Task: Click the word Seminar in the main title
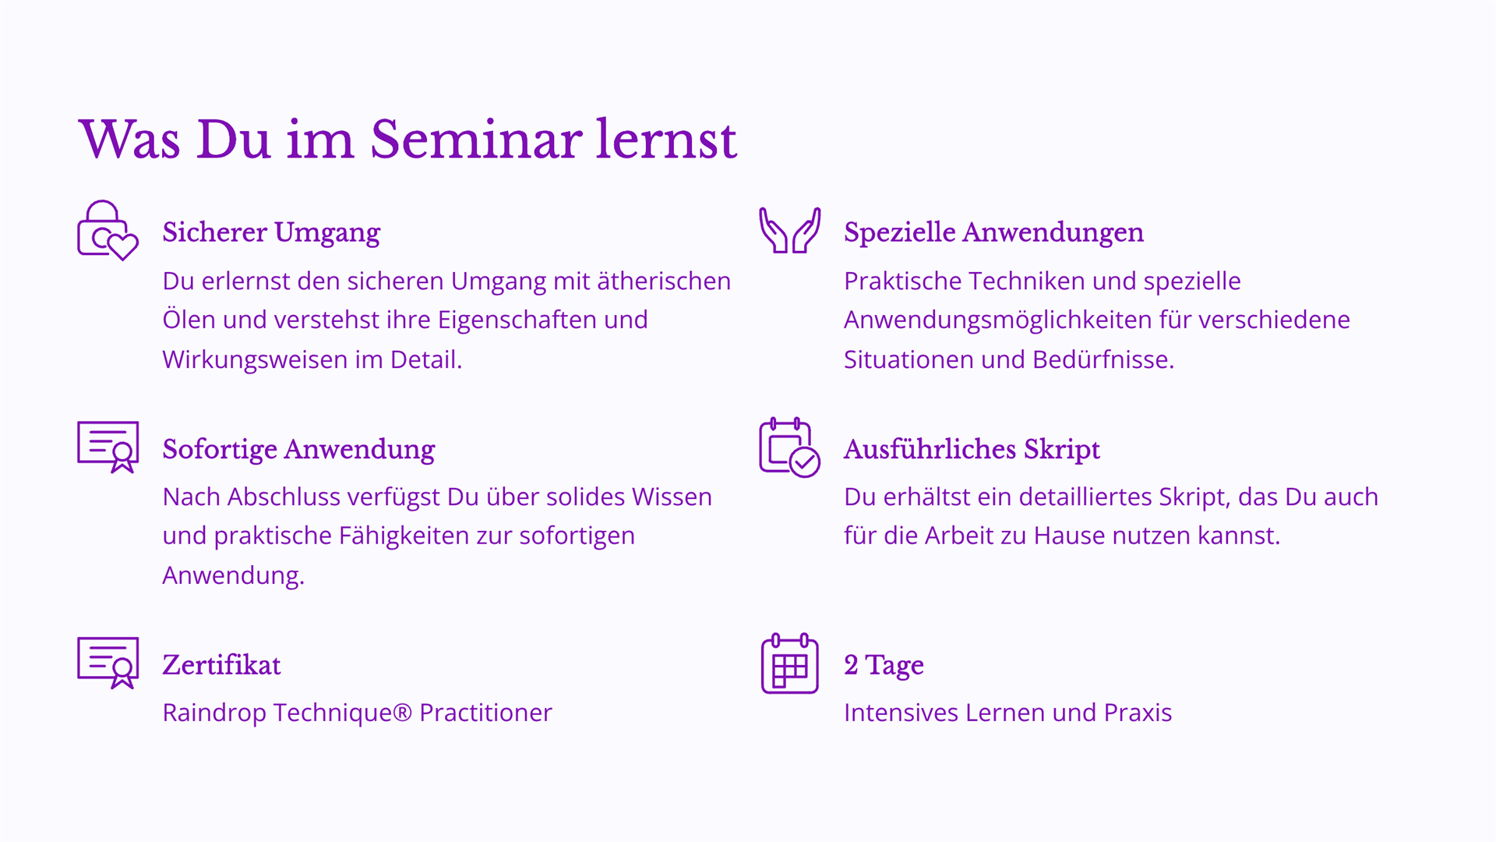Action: click(x=475, y=140)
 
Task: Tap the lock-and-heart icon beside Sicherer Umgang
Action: click(x=108, y=231)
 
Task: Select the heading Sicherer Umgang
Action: click(x=271, y=233)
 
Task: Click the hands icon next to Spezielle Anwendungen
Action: click(x=789, y=230)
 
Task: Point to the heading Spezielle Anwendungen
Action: click(x=993, y=233)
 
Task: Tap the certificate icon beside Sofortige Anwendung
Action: click(x=108, y=447)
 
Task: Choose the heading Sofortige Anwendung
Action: click(x=298, y=450)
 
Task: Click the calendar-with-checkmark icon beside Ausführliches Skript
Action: click(x=789, y=447)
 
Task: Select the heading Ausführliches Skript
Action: click(x=972, y=450)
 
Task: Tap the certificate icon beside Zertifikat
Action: click(x=108, y=663)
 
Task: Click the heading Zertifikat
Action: click(x=221, y=665)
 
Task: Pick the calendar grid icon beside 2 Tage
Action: click(x=789, y=663)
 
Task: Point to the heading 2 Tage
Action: click(x=884, y=666)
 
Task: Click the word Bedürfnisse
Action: click(x=1103, y=359)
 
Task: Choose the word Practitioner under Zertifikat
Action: click(x=485, y=713)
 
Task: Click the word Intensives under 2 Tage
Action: click(x=901, y=713)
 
